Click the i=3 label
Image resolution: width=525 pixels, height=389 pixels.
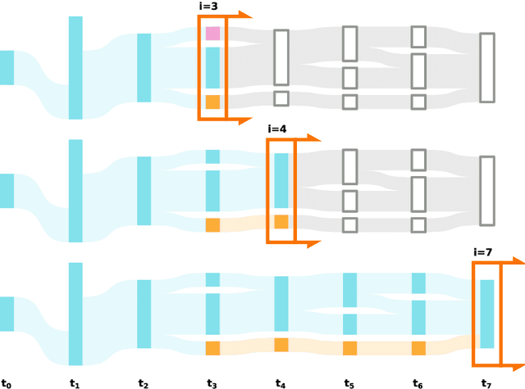208,7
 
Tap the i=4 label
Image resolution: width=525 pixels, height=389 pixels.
277,129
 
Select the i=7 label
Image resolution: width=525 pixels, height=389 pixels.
482,252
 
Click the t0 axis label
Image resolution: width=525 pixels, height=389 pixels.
7,382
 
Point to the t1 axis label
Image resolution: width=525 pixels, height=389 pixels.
75,382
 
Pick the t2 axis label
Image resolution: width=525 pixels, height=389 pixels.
144,382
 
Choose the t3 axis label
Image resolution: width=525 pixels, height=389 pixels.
212,382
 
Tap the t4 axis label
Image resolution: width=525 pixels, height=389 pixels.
281,382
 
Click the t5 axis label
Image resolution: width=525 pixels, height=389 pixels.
349,382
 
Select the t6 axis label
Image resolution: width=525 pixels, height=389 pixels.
418,382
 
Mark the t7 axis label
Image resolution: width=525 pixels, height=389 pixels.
487,382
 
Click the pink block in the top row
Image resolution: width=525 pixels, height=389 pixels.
212,34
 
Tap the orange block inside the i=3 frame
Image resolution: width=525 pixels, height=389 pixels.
212,102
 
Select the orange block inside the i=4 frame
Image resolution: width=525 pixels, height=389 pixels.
281,222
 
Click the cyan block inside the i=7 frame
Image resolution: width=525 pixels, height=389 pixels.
487,314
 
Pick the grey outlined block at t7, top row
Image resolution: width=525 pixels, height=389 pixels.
487,67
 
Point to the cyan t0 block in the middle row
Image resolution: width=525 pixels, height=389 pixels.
7,191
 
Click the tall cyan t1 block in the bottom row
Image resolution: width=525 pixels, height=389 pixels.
75,314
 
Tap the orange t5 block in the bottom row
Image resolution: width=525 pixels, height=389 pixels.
350,348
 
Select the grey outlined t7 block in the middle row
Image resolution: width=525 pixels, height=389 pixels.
487,191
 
